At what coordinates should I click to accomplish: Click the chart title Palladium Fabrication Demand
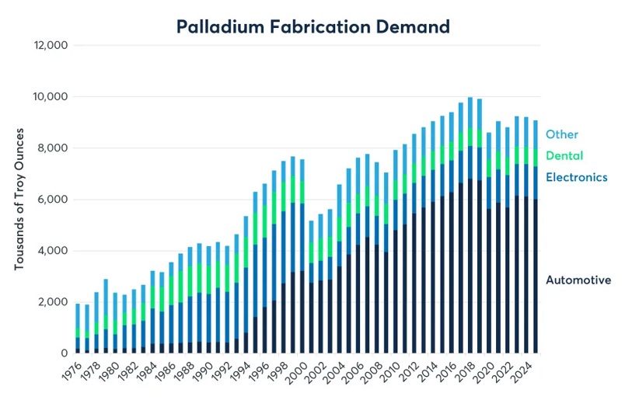coord(313,26)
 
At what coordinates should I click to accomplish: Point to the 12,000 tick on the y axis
coord(51,45)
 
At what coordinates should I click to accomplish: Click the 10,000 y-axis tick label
coord(51,97)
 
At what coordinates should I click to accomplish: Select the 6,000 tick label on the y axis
coord(53,200)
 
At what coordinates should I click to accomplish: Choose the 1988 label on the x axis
coord(187,372)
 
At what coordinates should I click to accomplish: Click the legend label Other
coord(561,134)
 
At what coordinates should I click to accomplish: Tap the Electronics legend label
coord(576,177)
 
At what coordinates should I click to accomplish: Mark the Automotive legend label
coord(578,280)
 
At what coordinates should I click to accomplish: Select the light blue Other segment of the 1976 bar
coord(78,316)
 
